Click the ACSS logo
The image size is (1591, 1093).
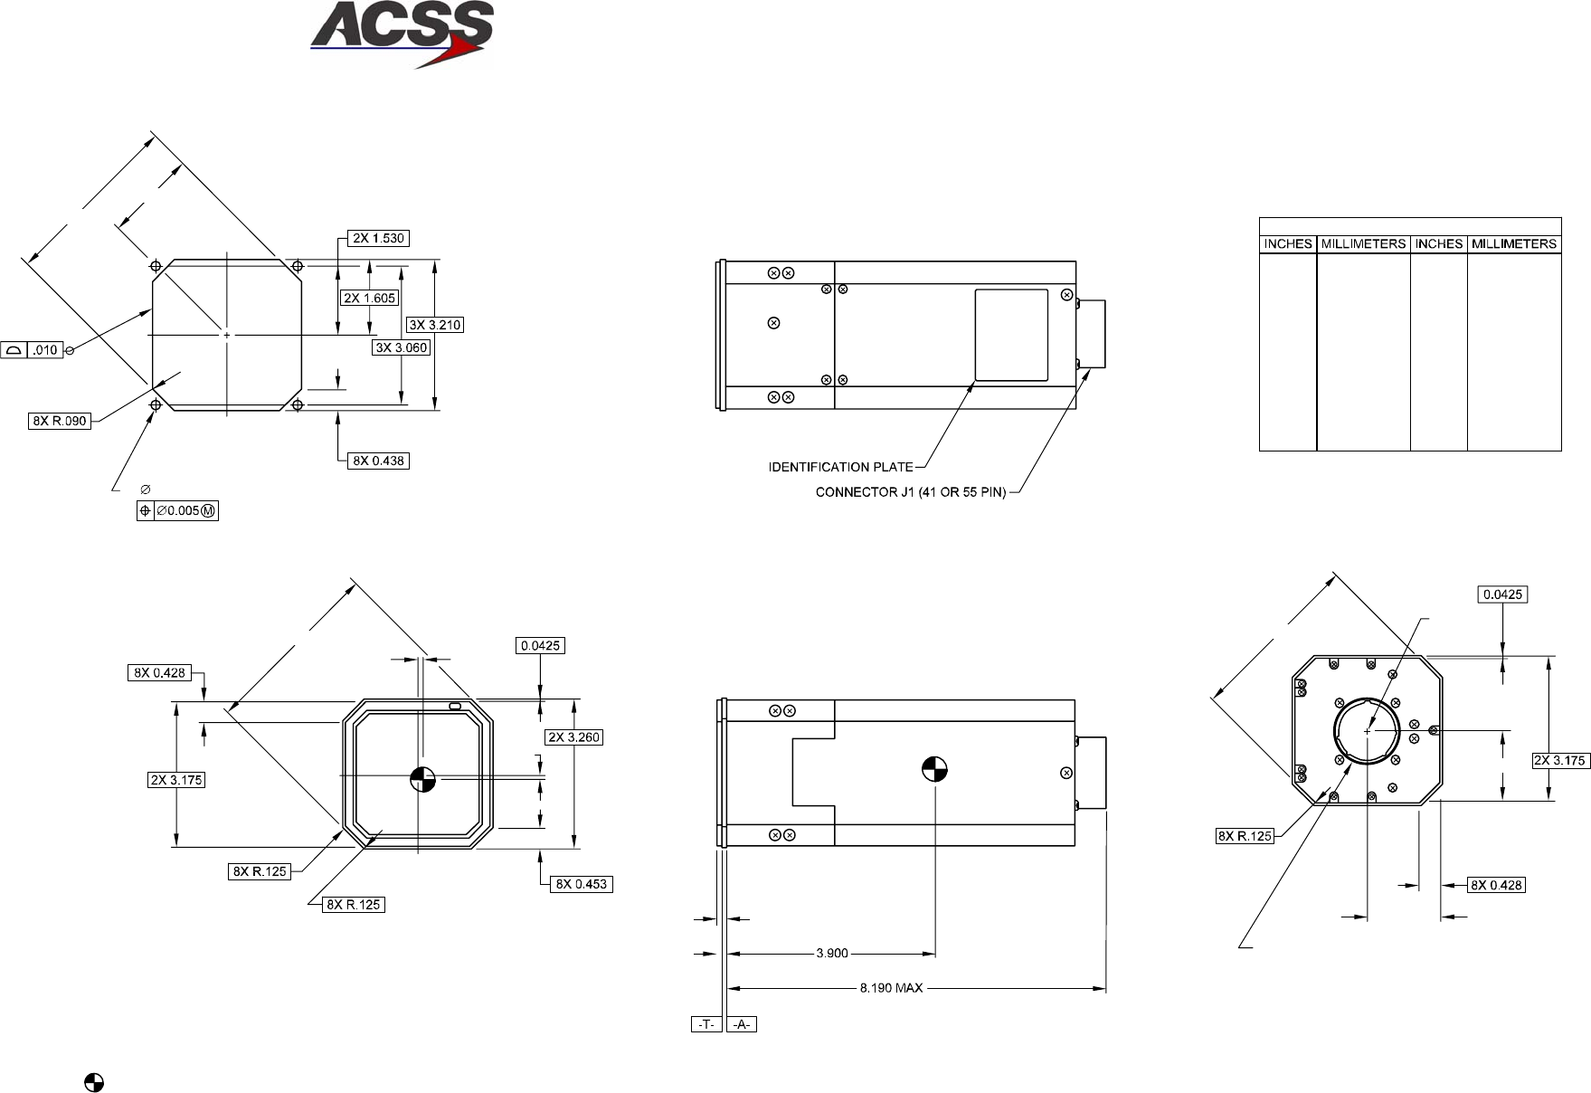402,34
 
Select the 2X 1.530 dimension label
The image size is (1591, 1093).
378,239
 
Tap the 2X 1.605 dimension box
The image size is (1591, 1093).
369,298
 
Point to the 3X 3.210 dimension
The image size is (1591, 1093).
435,325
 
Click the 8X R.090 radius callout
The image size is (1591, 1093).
60,421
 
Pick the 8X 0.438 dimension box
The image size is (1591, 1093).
378,461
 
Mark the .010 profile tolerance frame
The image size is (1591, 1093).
33,350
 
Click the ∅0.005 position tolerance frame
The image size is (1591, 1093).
177,511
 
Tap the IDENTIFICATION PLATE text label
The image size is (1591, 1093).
841,467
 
